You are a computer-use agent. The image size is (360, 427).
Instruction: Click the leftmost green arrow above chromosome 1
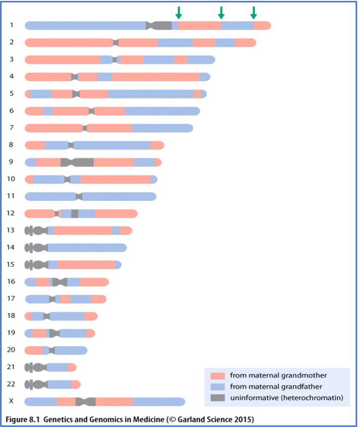coord(179,12)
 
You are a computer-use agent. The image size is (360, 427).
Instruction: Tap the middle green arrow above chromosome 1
coord(221,12)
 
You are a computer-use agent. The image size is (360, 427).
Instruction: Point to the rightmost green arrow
coord(254,12)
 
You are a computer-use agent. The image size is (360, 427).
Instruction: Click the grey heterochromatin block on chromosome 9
coord(77,162)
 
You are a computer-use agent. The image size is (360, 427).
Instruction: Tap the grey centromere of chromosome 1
coord(159,26)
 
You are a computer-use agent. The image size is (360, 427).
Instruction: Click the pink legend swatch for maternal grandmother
coord(217,376)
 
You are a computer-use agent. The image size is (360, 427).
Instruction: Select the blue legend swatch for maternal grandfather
coord(217,386)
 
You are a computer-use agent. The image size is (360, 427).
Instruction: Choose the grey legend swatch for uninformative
coord(217,398)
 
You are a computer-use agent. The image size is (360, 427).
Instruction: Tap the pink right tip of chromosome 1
coord(263,26)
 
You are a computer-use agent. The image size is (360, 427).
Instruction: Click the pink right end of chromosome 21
coord(72,367)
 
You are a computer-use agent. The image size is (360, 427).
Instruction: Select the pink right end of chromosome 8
coord(157,145)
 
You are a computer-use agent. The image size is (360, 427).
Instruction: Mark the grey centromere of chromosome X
coord(86,401)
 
